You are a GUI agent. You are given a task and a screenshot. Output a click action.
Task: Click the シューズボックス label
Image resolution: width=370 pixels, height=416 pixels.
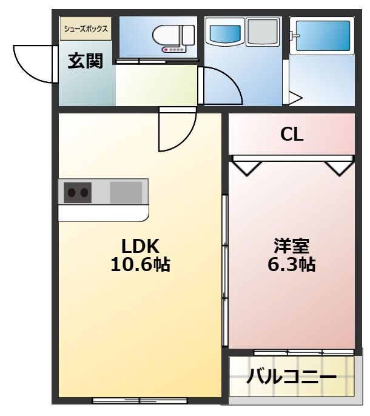pyautogui.click(x=86, y=29)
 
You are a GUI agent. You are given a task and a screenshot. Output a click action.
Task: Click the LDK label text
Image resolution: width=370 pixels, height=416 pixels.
pyautogui.click(x=140, y=246)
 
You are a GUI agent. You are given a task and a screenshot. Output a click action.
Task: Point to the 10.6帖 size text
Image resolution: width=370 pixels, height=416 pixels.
pyautogui.click(x=140, y=264)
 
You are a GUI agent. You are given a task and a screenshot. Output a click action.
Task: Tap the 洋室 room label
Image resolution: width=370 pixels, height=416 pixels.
pyautogui.click(x=292, y=246)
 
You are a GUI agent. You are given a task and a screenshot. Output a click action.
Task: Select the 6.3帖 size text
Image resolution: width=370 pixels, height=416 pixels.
pyautogui.click(x=292, y=264)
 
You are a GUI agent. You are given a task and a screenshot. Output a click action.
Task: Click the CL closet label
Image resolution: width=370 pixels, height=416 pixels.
pyautogui.click(x=292, y=135)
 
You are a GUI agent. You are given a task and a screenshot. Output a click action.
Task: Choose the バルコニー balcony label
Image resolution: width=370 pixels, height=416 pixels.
pyautogui.click(x=292, y=378)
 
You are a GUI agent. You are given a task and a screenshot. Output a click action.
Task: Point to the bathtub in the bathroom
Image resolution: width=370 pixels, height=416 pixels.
pyautogui.click(x=321, y=38)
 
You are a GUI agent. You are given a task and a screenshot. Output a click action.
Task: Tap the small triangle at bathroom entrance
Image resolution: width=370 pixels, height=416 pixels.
pyautogui.click(x=296, y=98)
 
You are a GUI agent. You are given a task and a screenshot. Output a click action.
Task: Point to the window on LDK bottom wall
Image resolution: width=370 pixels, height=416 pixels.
pyautogui.click(x=140, y=400)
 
